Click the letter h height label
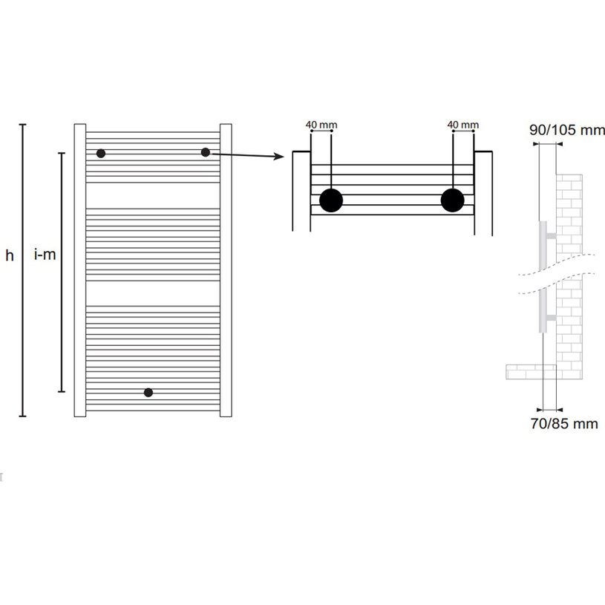(10, 255)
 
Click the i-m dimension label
(45, 255)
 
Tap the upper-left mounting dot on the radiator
(101, 154)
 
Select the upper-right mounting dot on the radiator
(206, 152)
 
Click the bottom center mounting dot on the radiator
(148, 393)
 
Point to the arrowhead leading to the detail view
(279, 157)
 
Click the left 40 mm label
(321, 125)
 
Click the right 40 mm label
(463, 125)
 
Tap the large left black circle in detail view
(331, 200)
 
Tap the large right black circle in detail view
(452, 200)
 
